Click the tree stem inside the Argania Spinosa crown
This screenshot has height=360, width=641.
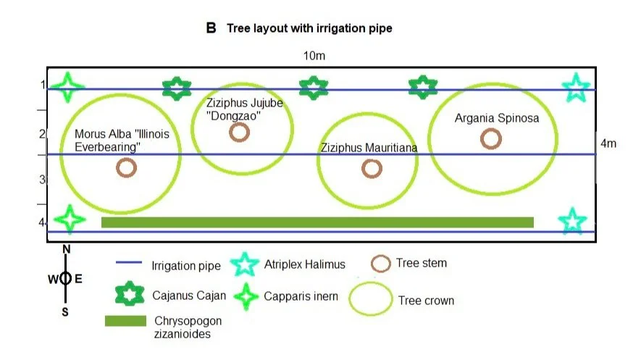point(490,138)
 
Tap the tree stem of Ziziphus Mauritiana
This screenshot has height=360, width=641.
point(372,168)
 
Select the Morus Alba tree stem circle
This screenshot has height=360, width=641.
point(126,168)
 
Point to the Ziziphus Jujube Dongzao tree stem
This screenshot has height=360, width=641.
point(239,133)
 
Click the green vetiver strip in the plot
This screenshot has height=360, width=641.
point(317,222)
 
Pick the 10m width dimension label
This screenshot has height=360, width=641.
point(314,56)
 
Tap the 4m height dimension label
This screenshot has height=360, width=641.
point(609,143)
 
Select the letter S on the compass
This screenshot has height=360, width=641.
point(65,312)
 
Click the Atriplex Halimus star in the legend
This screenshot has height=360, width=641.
point(244,265)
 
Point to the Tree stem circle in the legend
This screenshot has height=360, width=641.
point(380,264)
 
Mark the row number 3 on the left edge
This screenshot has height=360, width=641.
point(42,179)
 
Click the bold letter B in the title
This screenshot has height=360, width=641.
point(211,28)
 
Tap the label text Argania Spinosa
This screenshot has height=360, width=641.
point(497,118)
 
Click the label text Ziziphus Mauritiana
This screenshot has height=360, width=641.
point(369,147)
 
